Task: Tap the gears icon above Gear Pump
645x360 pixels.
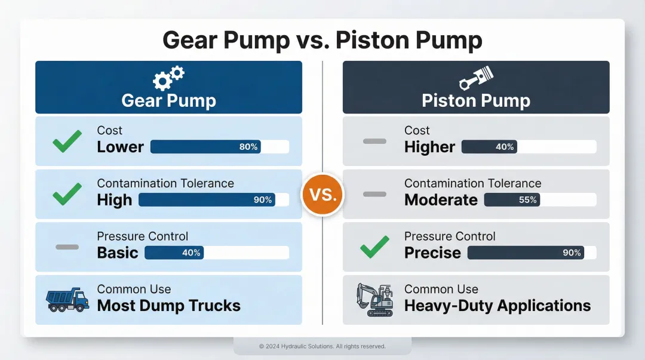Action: [x=168, y=77]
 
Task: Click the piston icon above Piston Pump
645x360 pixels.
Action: [x=475, y=78]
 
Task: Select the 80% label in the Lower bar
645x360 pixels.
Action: [x=248, y=147]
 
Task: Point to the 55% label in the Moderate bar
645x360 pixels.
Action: [x=528, y=200]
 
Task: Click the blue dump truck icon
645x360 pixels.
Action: [x=67, y=299]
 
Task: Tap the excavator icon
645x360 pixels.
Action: [x=374, y=299]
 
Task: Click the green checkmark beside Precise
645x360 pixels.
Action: [x=374, y=247]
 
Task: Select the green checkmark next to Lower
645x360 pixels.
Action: [x=67, y=141]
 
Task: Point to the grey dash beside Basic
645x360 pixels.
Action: [x=67, y=247]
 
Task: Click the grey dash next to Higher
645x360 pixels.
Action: [x=374, y=141]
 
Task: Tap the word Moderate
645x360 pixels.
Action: [x=441, y=200]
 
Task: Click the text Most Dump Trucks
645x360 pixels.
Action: [x=168, y=306]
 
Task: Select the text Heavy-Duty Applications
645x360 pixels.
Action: [x=497, y=306]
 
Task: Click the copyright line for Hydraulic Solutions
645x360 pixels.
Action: [x=322, y=346]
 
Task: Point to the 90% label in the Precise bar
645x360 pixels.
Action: [x=572, y=253]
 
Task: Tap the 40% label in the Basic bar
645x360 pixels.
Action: [x=191, y=253]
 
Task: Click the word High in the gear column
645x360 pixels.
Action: [x=114, y=200]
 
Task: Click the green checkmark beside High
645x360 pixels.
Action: [x=67, y=193]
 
